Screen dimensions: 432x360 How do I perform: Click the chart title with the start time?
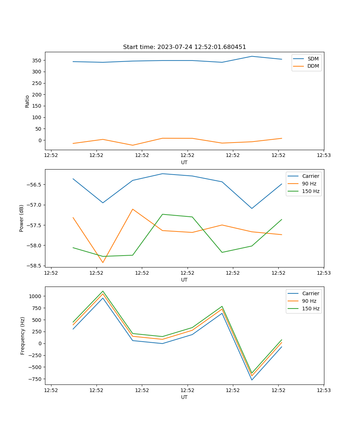[184, 47]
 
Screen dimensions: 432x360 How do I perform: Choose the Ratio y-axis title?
[27, 101]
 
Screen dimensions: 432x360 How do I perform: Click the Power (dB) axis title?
[22, 218]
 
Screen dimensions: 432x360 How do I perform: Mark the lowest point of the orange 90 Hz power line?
[103, 262]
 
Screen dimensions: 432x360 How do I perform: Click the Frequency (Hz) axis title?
[22, 336]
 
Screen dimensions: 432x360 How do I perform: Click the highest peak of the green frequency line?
[103, 291]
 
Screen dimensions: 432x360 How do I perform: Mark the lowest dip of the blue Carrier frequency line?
[252, 380]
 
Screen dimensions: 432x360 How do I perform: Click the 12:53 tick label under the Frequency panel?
[324, 390]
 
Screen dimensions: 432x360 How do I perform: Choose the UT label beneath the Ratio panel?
[184, 162]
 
